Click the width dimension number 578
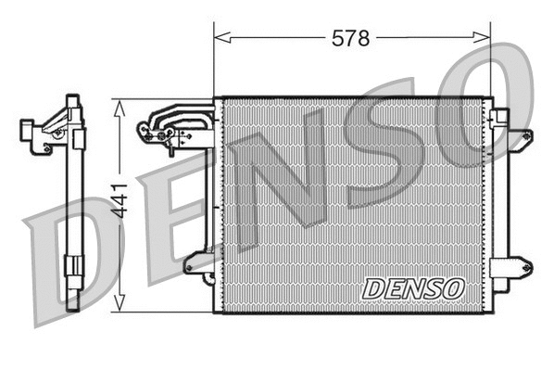(x=351, y=38)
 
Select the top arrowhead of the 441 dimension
(x=119, y=105)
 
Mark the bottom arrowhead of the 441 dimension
(x=119, y=306)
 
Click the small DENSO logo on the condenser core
(x=412, y=287)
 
